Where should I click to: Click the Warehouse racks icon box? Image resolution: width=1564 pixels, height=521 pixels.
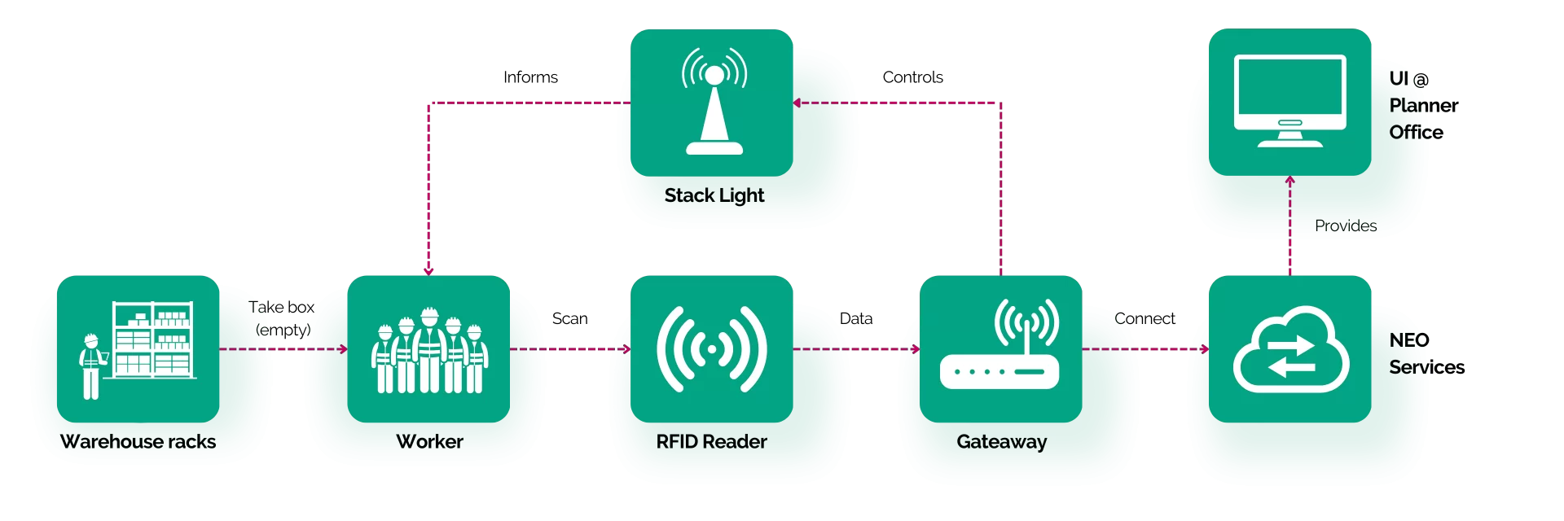coord(138,348)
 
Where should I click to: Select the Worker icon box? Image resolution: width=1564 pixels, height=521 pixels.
coord(428,348)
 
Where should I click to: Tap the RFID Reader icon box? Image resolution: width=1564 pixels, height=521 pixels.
coord(712,348)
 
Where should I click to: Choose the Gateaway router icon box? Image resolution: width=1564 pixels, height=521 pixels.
coord(1001,348)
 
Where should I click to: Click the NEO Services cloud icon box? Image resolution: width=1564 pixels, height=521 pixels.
coord(1290,348)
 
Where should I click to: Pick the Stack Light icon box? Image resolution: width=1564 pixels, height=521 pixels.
coord(712,103)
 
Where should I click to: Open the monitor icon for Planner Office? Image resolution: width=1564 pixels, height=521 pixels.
coord(1290,102)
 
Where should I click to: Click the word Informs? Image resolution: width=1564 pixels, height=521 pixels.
coord(530,77)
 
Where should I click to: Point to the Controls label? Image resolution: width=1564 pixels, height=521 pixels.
coord(912,77)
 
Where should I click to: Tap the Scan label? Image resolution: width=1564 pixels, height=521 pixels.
coord(569,318)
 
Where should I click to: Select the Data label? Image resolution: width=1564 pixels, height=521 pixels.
coord(856,318)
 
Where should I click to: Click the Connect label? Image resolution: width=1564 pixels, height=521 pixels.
coord(1144,318)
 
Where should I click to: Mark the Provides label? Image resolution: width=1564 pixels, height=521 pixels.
coord(1346,225)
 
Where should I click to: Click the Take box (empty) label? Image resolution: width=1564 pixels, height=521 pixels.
coord(282,318)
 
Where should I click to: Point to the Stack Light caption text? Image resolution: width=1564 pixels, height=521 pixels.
coord(714,195)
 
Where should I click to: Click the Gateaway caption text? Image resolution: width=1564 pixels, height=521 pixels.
coord(1002,442)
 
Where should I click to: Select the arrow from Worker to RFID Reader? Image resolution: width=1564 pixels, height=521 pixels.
coord(570,349)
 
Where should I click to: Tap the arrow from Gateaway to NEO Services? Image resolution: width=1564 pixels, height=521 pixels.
coord(1145,349)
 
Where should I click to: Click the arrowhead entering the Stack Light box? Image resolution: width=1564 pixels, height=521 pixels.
coord(797,103)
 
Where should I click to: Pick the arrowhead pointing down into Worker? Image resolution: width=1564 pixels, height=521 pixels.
coord(428,271)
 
